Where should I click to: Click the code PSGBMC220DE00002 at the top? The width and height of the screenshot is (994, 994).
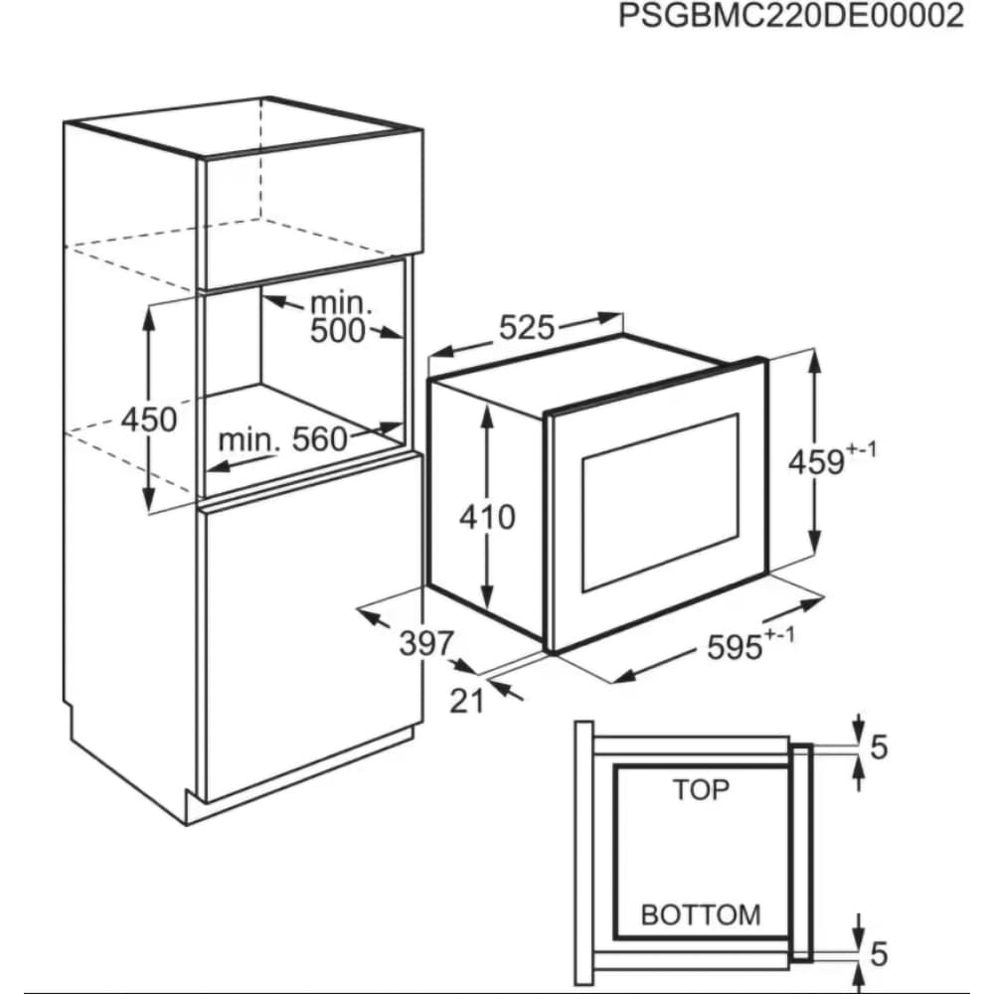click(790, 16)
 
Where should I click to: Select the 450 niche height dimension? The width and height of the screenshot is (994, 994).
click(149, 419)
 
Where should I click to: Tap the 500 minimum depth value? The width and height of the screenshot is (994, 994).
click(337, 331)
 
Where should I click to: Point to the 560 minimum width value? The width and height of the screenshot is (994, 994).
click(319, 439)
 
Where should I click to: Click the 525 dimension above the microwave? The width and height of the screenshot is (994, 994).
click(527, 328)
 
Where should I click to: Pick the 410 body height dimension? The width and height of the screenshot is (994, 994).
click(487, 517)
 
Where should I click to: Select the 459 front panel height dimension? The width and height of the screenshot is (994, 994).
click(816, 461)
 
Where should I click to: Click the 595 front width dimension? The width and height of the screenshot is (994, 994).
click(735, 648)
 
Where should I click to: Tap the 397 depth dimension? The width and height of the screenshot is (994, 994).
click(426, 644)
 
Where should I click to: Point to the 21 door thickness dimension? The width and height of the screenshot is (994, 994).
click(466, 701)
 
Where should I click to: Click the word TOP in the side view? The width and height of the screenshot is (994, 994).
click(701, 790)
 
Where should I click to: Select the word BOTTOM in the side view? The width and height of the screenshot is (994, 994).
click(701, 914)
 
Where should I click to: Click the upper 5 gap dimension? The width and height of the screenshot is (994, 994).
click(879, 747)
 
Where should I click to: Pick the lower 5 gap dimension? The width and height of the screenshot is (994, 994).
click(879, 954)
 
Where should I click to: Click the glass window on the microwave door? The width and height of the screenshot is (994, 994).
click(661, 503)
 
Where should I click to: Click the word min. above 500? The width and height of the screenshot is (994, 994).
click(341, 304)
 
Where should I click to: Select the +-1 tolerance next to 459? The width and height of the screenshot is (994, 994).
click(862, 449)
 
